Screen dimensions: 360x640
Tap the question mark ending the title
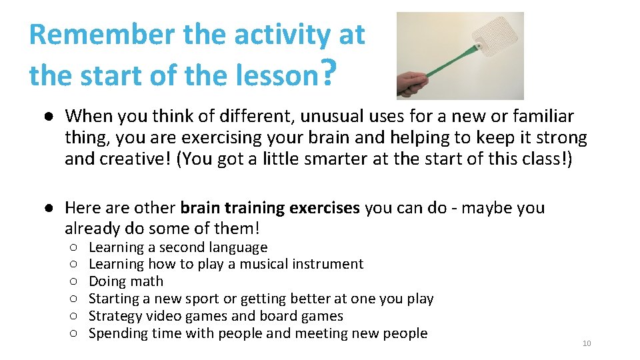point(325,73)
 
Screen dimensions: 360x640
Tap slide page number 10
point(587,343)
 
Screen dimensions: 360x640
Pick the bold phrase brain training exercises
point(270,207)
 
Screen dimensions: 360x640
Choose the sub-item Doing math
point(125,281)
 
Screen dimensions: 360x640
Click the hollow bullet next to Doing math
point(73,282)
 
